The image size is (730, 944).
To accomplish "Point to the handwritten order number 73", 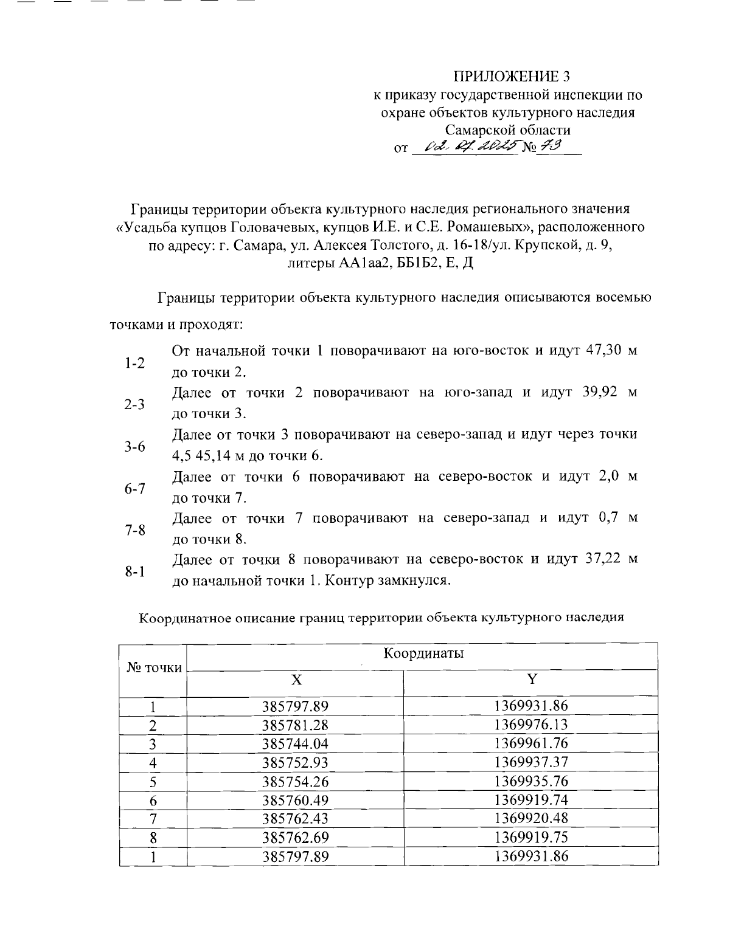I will coord(550,145).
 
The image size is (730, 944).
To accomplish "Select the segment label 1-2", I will coord(134,363).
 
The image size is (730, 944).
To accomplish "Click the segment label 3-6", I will coord(134,447).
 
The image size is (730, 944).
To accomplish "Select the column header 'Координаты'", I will coord(423,653).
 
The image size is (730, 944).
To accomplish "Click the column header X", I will coord(296,680).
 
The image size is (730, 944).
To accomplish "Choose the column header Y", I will coord(532,679).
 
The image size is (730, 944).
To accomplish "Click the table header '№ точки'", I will coord(154,668).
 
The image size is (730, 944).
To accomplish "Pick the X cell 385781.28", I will coord(296,725).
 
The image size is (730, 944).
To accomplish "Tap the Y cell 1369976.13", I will coord(531,725).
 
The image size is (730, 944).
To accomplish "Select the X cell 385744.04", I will coord(296,743).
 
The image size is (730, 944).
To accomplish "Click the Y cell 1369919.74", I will coord(531,800).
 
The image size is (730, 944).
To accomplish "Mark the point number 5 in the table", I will coord(153,781).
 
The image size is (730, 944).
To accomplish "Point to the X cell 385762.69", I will coord(296,838).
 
